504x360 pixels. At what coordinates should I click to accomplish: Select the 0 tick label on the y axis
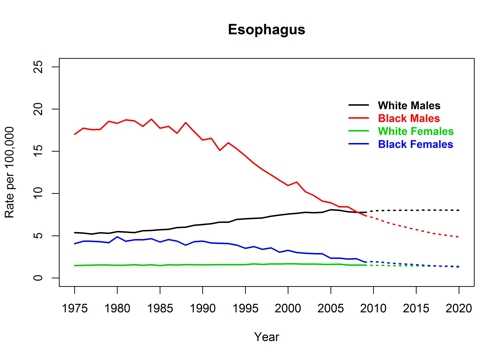point(45,278)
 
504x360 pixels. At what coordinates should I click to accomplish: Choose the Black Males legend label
point(408,118)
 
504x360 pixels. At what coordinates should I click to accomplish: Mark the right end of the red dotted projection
point(458,237)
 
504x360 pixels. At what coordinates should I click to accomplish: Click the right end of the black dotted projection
point(458,210)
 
